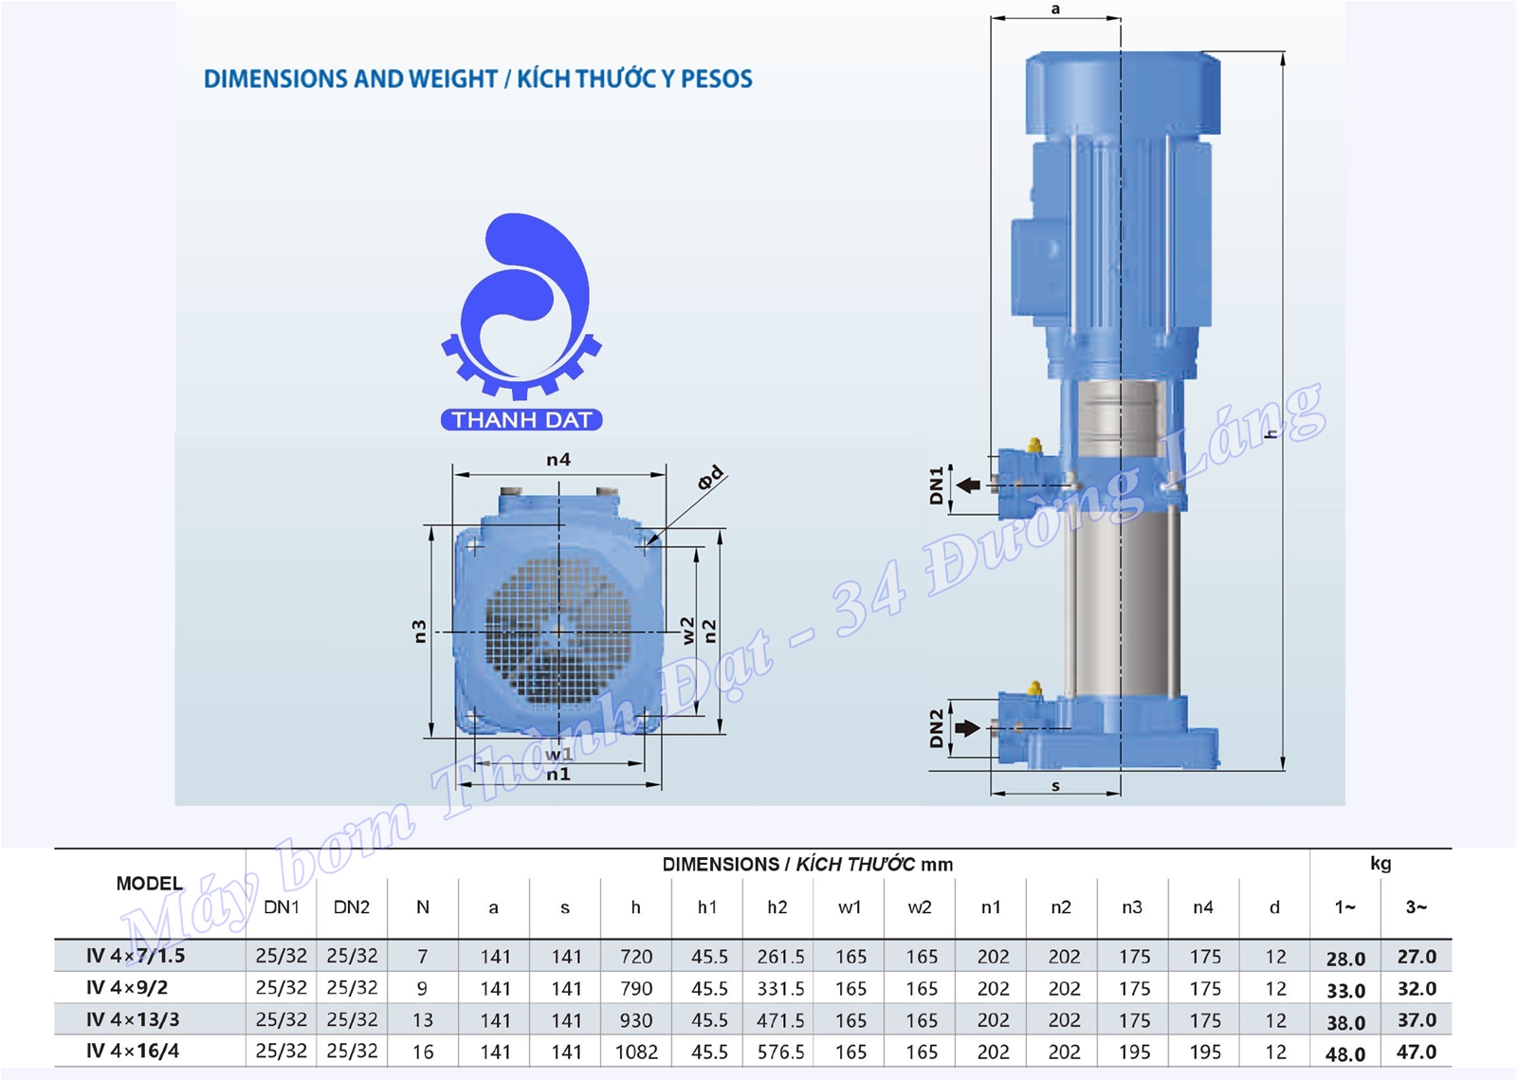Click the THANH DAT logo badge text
(521, 420)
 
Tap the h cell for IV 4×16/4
(636, 1052)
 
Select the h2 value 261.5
(781, 957)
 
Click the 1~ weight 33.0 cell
(1345, 991)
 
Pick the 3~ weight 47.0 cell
(1416, 1052)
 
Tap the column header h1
(707, 907)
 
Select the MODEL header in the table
(150, 883)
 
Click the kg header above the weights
(1380, 863)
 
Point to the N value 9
(422, 989)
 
